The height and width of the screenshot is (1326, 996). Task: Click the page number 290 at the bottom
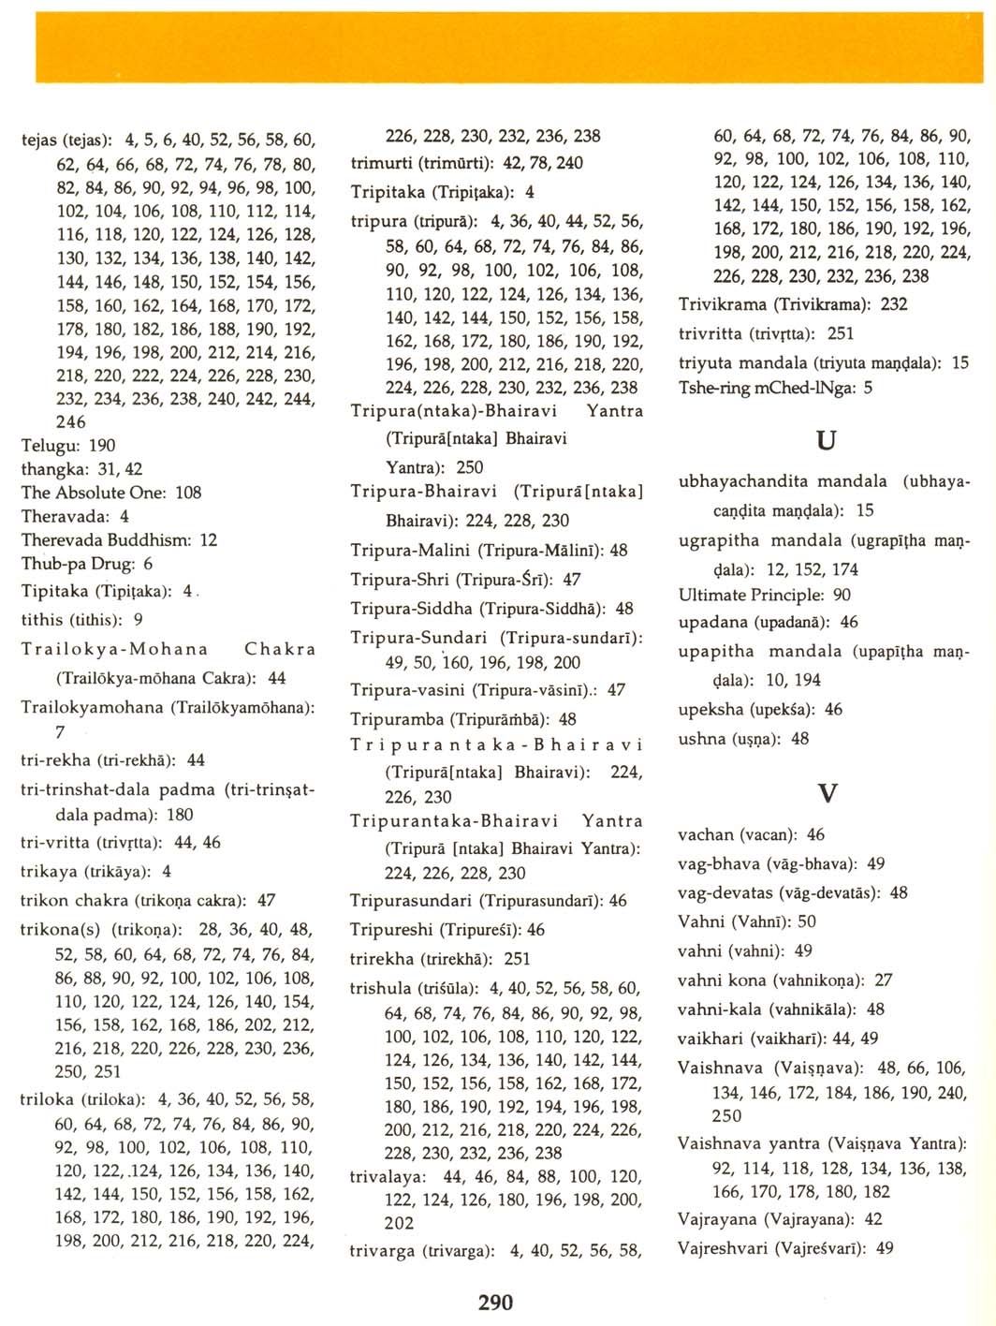click(x=495, y=1302)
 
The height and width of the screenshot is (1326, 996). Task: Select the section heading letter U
click(x=826, y=440)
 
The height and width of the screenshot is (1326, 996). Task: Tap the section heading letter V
click(x=827, y=794)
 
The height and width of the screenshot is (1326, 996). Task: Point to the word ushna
click(x=702, y=739)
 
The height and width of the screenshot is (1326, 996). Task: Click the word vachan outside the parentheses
click(x=706, y=834)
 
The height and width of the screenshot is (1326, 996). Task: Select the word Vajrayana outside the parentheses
click(x=717, y=1219)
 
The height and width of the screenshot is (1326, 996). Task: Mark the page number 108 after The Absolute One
click(x=188, y=493)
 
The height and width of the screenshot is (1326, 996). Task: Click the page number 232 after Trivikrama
click(x=894, y=304)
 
